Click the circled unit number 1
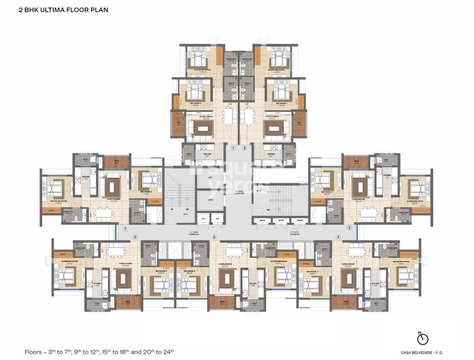(232, 149)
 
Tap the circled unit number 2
(245, 149)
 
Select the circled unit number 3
(349, 228)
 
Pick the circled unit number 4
(338, 236)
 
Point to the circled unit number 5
(214, 237)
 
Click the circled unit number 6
(134, 237)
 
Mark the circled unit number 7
(126, 229)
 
